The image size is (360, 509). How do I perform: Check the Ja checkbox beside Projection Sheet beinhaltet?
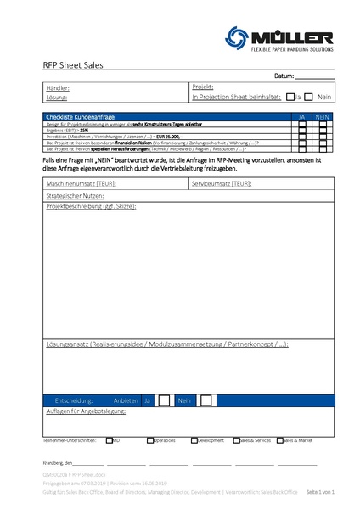[290, 97]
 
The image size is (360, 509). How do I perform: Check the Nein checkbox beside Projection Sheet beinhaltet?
[309, 97]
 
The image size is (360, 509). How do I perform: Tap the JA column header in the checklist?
[301, 115]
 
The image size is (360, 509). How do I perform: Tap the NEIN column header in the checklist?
[323, 115]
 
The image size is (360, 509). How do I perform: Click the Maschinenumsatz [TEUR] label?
[82, 184]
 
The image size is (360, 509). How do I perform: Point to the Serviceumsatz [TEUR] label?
[221, 184]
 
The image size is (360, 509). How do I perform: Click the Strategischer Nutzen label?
[76, 195]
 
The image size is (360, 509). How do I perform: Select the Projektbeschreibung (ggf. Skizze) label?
[91, 206]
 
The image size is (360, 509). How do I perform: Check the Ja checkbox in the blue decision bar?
[164, 400]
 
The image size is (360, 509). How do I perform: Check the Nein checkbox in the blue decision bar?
[206, 400]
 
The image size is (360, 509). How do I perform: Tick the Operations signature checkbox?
[150, 440]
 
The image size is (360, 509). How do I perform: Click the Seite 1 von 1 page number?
[320, 491]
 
